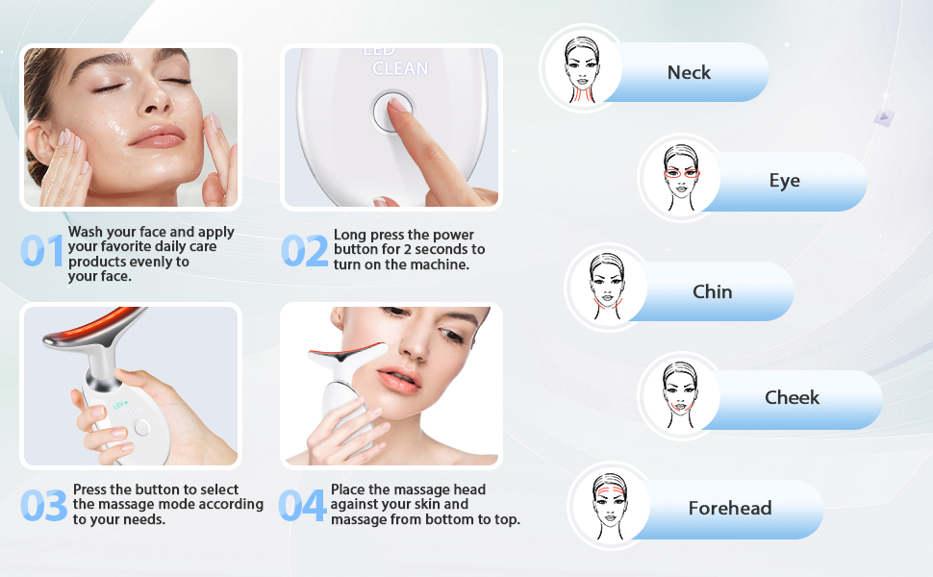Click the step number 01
[x=41, y=250]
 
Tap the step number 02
[x=305, y=250]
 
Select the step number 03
[x=44, y=506]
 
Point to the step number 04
[x=302, y=506]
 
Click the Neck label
[x=689, y=72]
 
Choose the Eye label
[x=784, y=180]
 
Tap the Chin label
[x=712, y=291]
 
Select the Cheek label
[x=792, y=397]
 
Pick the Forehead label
[x=730, y=508]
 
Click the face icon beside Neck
[x=582, y=69]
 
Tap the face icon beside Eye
[x=681, y=178]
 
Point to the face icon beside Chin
[x=608, y=287]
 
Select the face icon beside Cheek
[x=681, y=395]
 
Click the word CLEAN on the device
[x=400, y=68]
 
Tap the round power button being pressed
[x=392, y=112]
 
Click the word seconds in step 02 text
[x=443, y=249]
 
